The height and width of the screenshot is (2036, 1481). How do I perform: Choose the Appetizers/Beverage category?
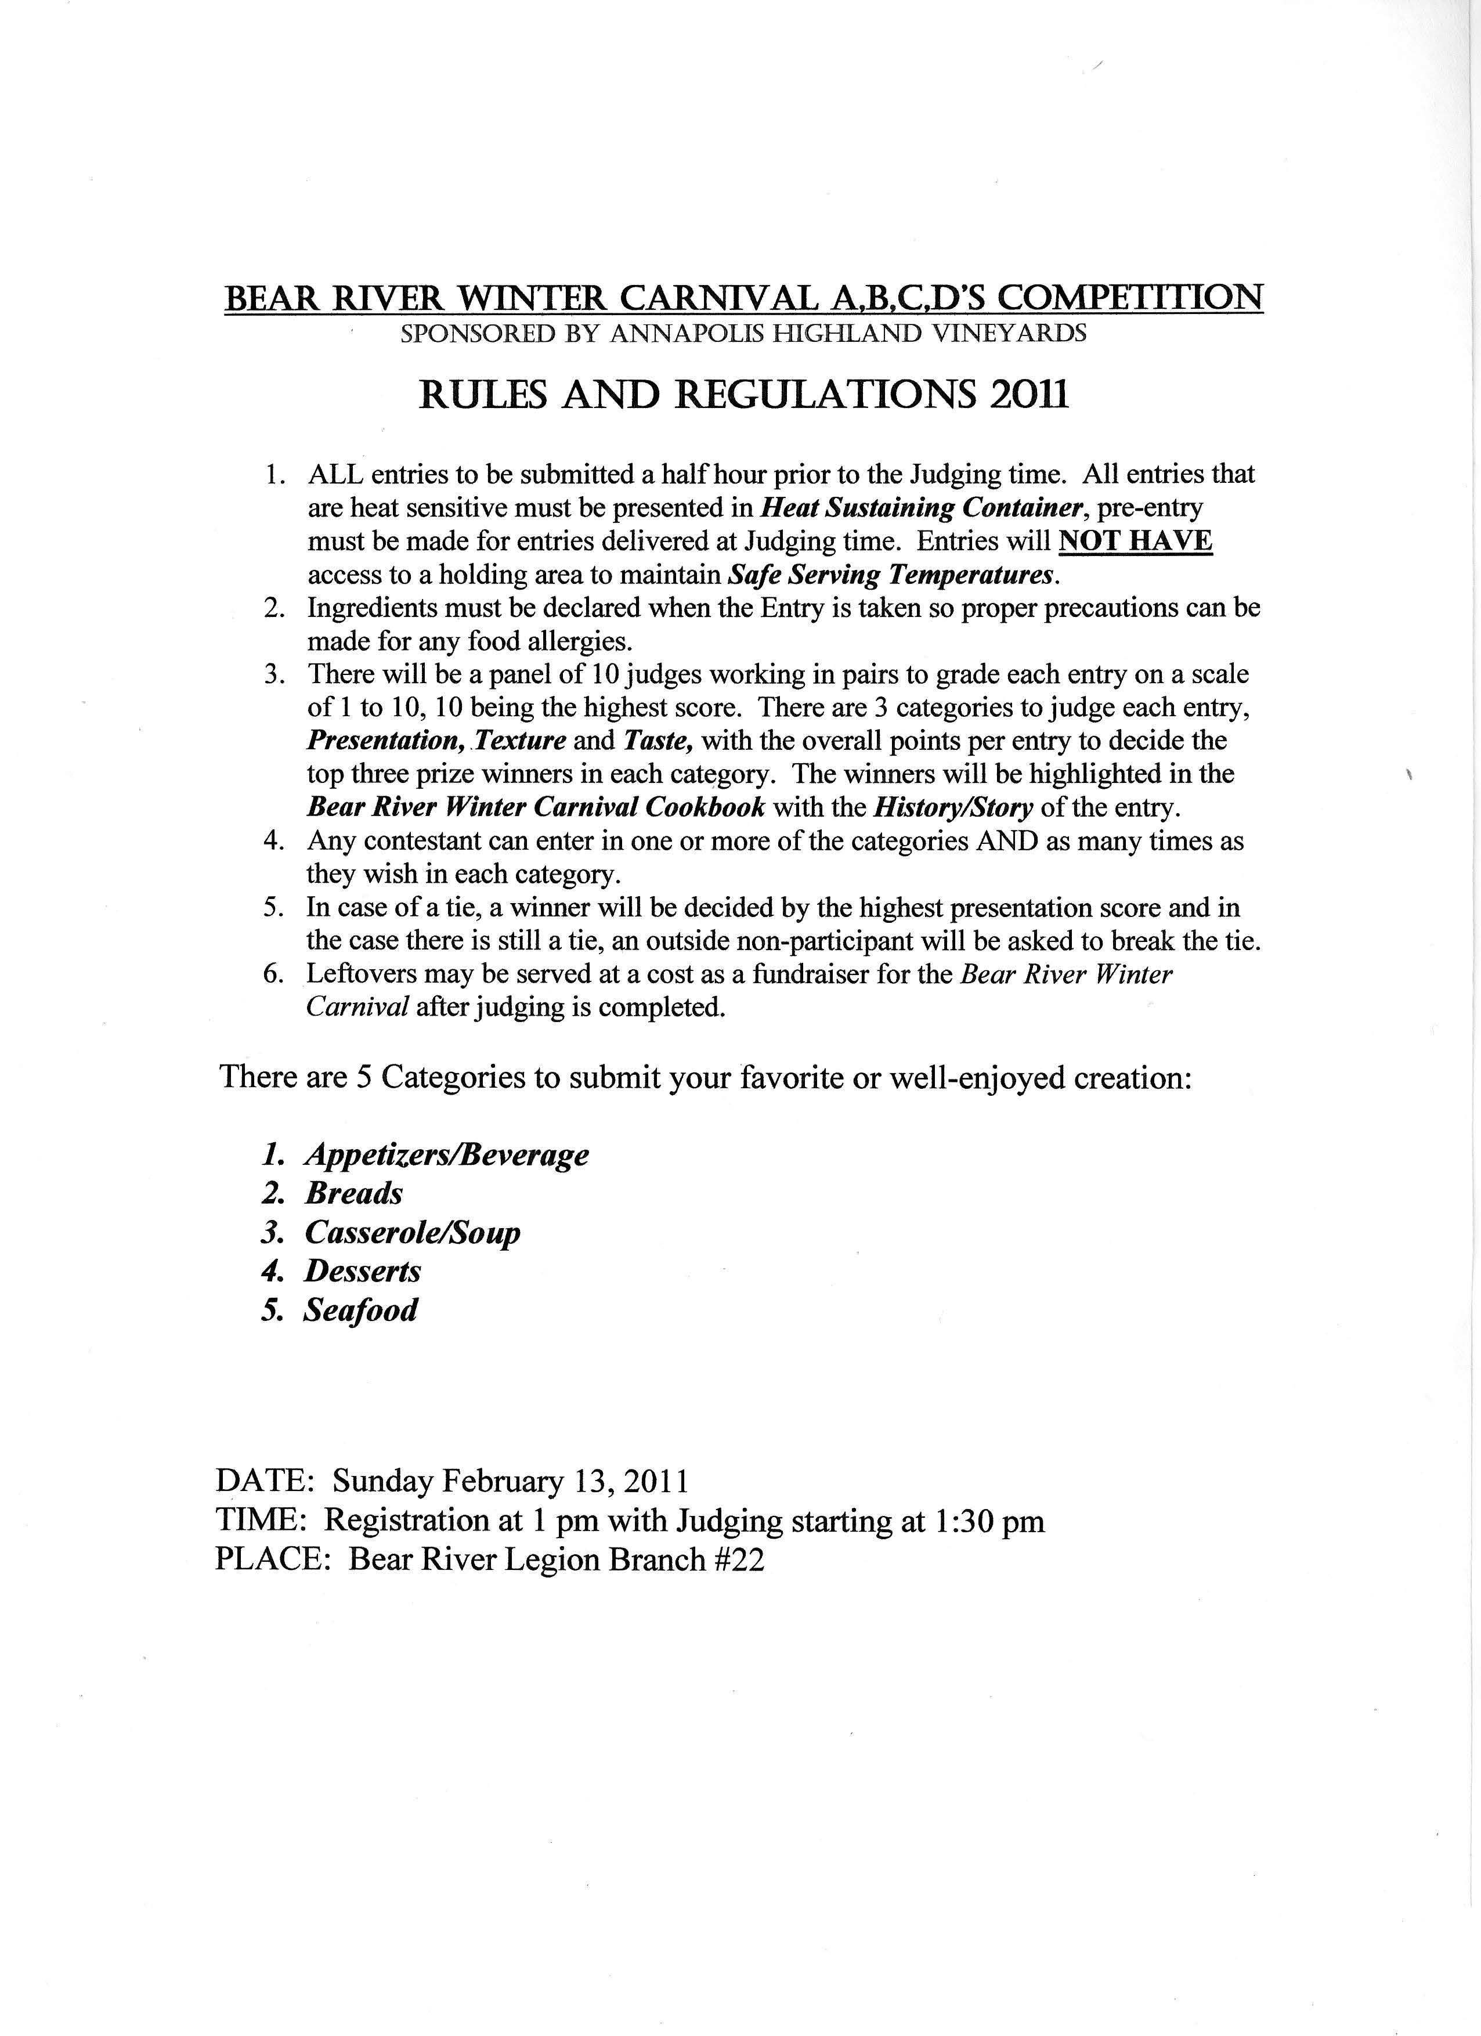click(446, 1154)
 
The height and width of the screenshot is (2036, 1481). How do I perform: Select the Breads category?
click(353, 1193)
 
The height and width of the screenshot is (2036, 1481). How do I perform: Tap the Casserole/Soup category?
click(412, 1233)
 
